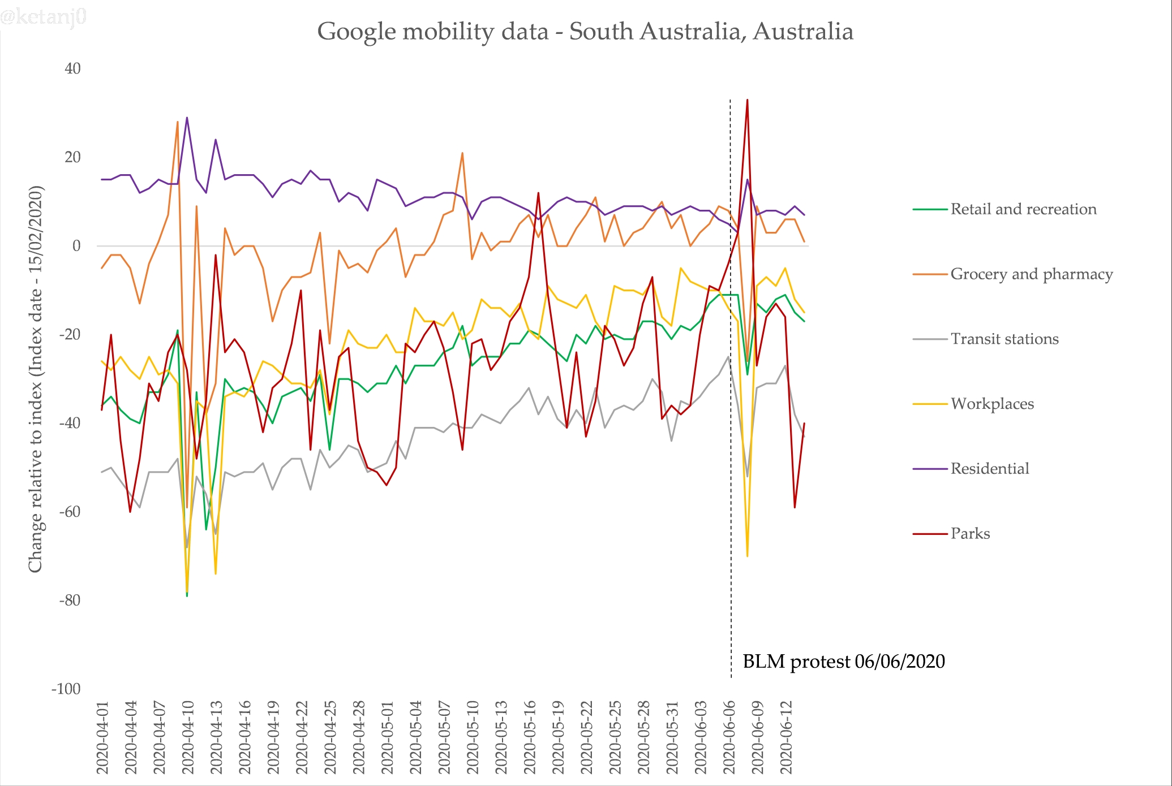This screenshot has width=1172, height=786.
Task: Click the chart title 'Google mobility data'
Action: tap(585, 32)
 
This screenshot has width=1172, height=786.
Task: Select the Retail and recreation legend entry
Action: tap(1023, 209)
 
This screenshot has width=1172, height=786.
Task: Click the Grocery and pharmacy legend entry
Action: tap(1031, 274)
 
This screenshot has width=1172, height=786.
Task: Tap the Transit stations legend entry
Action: tap(1004, 339)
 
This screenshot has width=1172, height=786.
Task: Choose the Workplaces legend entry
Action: tap(991, 404)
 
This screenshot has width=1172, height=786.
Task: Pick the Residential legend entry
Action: tap(989, 469)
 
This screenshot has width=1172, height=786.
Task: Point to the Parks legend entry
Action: tap(970, 534)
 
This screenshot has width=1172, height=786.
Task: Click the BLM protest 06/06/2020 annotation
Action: tap(843, 662)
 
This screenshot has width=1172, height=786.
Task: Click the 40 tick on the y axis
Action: tap(73, 69)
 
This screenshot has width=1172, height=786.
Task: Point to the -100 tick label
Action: tap(66, 689)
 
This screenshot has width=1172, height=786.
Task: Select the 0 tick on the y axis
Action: tap(76, 246)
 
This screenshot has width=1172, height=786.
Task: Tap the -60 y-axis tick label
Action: tap(70, 512)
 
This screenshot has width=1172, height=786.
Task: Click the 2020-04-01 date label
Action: tap(102, 737)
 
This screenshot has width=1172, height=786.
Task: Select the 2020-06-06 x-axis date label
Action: tap(729, 737)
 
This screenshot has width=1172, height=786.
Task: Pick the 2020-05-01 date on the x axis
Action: tap(388, 737)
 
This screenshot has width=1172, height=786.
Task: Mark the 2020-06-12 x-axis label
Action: tap(787, 737)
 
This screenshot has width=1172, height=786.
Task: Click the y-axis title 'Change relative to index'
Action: tap(36, 379)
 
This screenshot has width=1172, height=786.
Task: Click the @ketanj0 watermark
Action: tap(44, 17)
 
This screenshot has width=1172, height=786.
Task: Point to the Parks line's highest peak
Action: tap(747, 100)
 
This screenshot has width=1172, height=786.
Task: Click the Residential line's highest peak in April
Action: tap(187, 118)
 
